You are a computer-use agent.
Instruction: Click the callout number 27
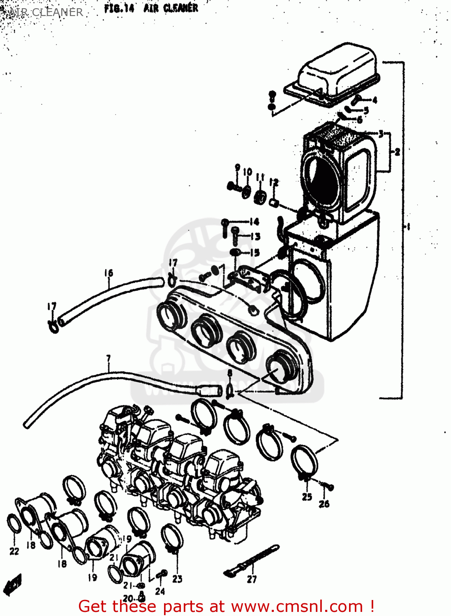pyautogui.click(x=252, y=579)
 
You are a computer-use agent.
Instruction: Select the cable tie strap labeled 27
pyautogui.click(x=252, y=559)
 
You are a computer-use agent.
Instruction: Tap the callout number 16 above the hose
pyautogui.click(x=109, y=273)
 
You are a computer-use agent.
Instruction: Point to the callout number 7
pyautogui.click(x=109, y=359)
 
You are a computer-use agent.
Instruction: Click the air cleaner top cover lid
pyautogui.click(x=337, y=72)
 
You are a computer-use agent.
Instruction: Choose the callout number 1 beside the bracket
pyautogui.click(x=408, y=226)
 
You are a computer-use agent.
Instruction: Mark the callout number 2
pyautogui.click(x=397, y=152)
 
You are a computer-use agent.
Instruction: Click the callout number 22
pyautogui.click(x=14, y=551)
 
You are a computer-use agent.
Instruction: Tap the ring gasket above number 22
pyautogui.click(x=14, y=524)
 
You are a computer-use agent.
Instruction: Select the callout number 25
pyautogui.click(x=307, y=497)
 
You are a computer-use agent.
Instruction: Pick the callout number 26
pyautogui.click(x=324, y=503)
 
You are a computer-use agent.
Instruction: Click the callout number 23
pyautogui.click(x=177, y=579)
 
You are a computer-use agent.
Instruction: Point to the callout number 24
pyautogui.click(x=160, y=591)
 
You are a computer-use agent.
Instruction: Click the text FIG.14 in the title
pyautogui.click(x=119, y=9)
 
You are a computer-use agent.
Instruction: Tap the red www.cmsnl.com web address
pyautogui.click(x=297, y=607)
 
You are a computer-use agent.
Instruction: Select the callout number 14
pyautogui.click(x=254, y=222)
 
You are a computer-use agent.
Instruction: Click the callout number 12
pyautogui.click(x=274, y=182)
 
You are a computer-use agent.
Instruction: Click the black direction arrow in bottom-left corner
pyautogui.click(x=12, y=584)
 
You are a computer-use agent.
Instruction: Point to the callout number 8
pyautogui.click(x=230, y=373)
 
